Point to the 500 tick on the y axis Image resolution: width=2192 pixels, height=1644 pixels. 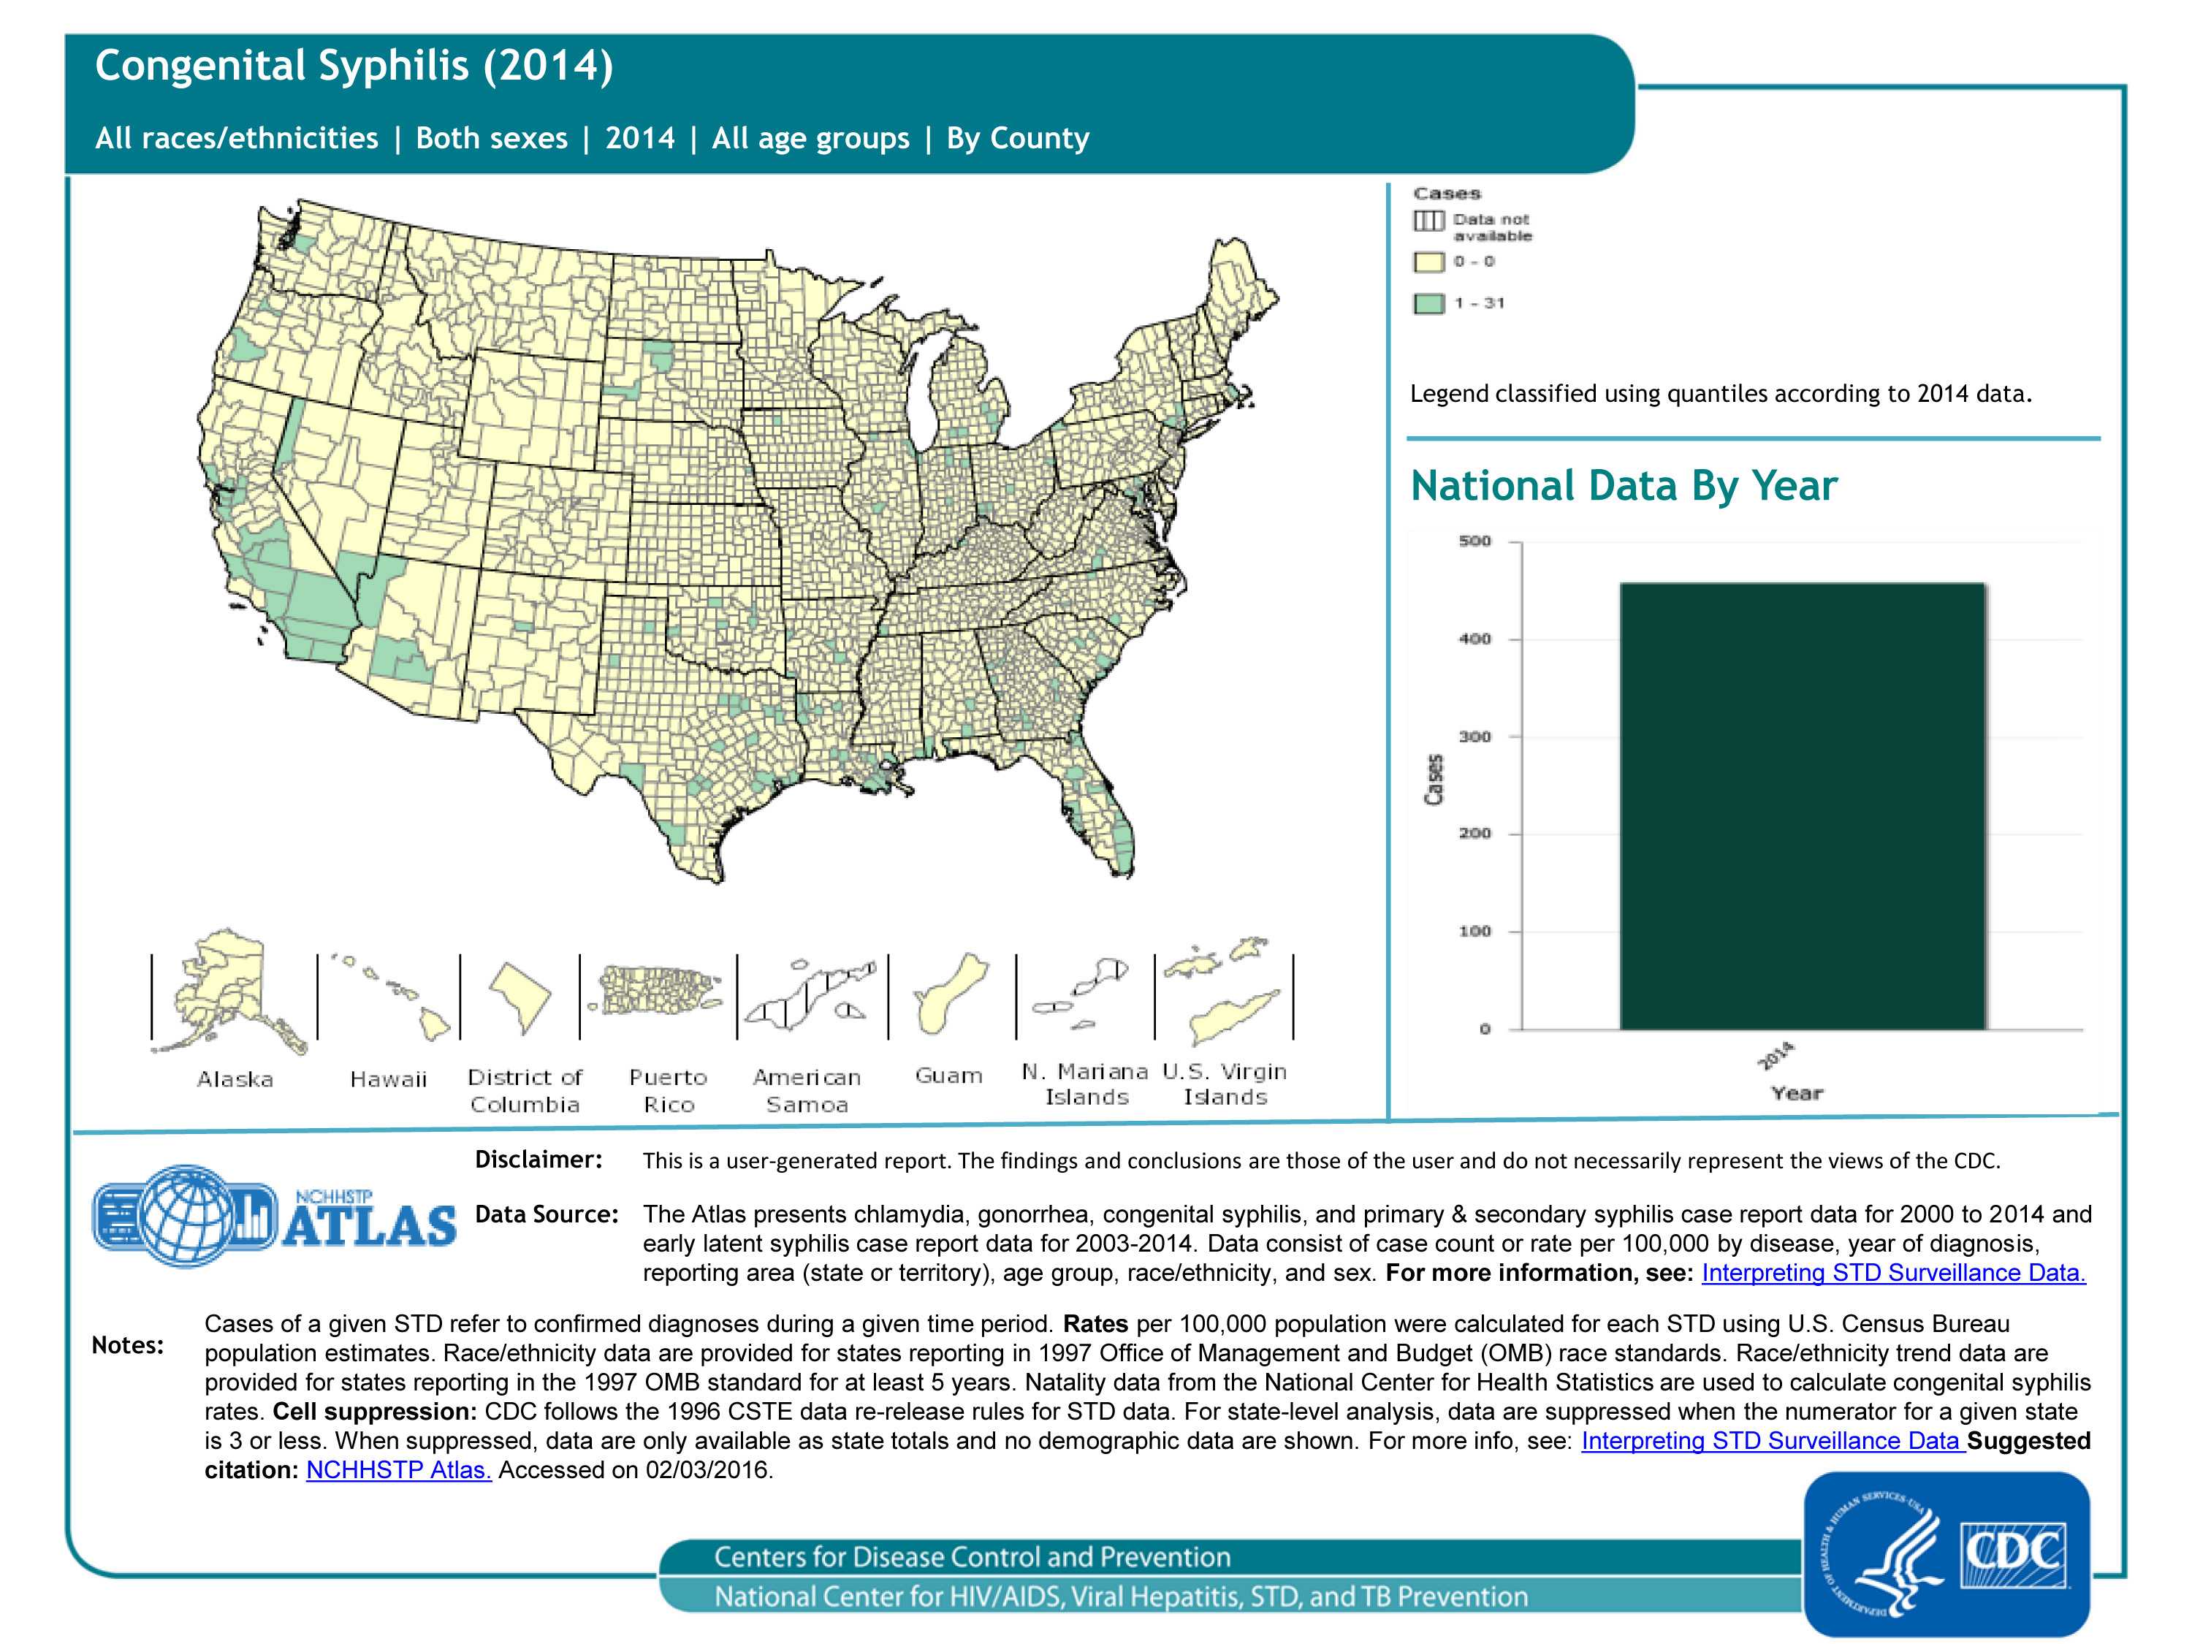tap(1474, 541)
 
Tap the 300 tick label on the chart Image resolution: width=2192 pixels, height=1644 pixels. tap(1474, 737)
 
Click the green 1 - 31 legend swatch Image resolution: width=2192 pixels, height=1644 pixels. tap(1428, 303)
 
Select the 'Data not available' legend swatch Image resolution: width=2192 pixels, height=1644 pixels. tap(1428, 221)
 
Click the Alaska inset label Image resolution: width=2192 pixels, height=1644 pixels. tap(235, 1079)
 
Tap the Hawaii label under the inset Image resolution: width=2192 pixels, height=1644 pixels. tap(389, 1079)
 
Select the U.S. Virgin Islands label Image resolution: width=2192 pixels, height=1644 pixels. tap(1225, 1084)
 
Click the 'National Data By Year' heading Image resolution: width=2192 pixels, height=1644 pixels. tap(1624, 486)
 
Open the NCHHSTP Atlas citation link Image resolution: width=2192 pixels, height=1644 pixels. tap(398, 1469)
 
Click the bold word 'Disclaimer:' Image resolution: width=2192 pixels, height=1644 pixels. tap(538, 1160)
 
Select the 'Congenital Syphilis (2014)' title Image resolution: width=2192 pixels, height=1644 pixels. tap(354, 66)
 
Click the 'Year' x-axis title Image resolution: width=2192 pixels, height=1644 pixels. tap(1797, 1093)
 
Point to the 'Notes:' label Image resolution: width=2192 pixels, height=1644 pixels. tap(127, 1344)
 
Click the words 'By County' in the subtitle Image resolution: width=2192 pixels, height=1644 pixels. tap(1018, 138)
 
